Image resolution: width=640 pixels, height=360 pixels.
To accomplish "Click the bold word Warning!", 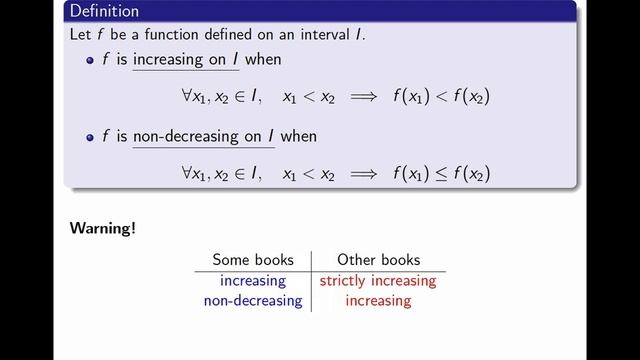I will tap(103, 228).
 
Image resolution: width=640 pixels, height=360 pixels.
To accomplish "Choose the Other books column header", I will tap(378, 260).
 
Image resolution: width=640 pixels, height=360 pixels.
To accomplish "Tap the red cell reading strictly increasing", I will tap(378, 281).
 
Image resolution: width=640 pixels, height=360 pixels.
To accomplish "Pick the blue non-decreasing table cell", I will tap(252, 300).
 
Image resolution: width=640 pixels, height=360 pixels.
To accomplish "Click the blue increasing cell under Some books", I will tap(253, 281).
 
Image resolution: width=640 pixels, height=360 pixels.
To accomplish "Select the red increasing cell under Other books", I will tap(378, 300).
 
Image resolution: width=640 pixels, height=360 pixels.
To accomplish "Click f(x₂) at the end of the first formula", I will tap(470, 97).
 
